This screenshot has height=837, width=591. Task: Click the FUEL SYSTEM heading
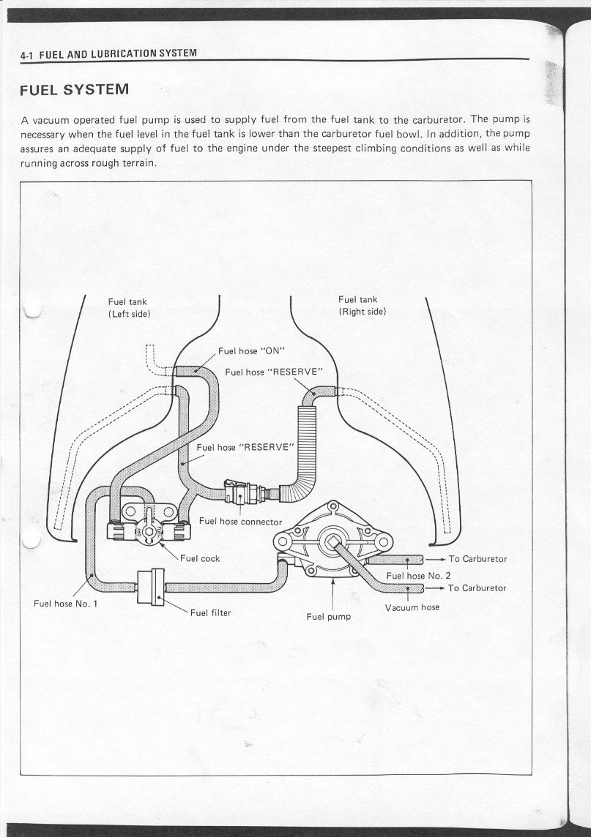pyautogui.click(x=75, y=90)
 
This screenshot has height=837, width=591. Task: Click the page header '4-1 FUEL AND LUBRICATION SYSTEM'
pyautogui.click(x=109, y=54)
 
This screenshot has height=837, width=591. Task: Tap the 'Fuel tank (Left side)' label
pyautogui.click(x=129, y=307)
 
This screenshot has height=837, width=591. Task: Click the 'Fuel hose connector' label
pyautogui.click(x=240, y=521)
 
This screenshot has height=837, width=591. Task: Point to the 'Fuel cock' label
pyautogui.click(x=200, y=558)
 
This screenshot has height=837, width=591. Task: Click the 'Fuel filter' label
pyautogui.click(x=210, y=612)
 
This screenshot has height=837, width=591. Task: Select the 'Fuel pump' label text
pyautogui.click(x=329, y=616)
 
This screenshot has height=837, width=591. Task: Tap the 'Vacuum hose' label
pyautogui.click(x=412, y=607)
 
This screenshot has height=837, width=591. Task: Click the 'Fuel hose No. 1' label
pyautogui.click(x=65, y=604)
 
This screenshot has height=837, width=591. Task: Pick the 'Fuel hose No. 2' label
pyautogui.click(x=417, y=575)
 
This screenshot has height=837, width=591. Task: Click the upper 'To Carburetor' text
pyautogui.click(x=477, y=559)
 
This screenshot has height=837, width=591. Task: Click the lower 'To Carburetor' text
pyautogui.click(x=477, y=588)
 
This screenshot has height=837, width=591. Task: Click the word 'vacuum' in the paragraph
pyautogui.click(x=49, y=119)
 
